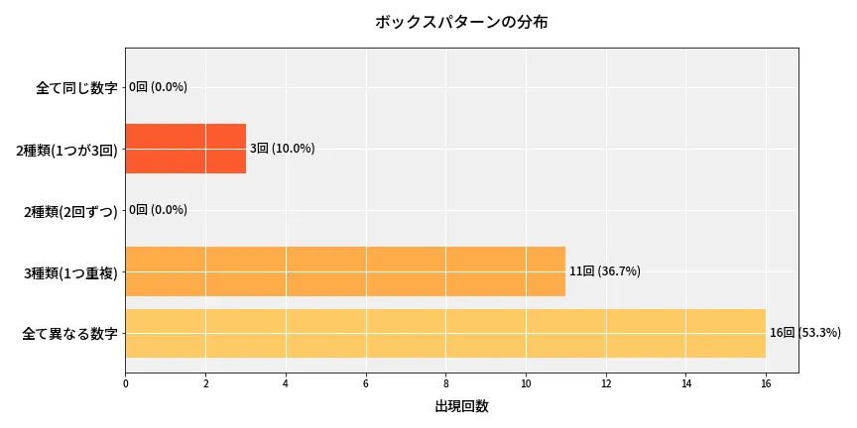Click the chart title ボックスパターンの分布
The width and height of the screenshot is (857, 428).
coord(461,22)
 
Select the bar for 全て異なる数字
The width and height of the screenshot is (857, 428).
coord(445,333)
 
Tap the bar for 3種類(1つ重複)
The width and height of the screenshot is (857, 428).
coord(345,271)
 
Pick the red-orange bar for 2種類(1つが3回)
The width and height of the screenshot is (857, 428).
coord(185,149)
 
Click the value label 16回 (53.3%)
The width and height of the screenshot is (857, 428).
coord(804,333)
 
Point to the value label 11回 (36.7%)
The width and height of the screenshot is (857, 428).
coord(604,271)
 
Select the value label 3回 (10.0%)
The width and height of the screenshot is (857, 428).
coord(282,149)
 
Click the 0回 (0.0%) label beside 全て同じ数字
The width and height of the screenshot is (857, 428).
coord(158,87)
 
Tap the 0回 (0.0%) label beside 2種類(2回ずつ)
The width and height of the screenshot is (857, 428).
coord(158,210)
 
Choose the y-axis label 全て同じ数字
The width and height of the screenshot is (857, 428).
coord(76,87)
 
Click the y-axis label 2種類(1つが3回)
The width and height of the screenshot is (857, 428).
coord(66,150)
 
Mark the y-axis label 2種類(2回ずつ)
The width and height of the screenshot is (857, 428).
coord(69,211)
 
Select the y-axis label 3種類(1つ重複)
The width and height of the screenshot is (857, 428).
coord(70,272)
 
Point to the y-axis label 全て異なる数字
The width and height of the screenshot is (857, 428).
coord(69,334)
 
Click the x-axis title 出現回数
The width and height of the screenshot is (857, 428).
coord(461,406)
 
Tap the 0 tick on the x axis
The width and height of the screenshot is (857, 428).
coord(126,383)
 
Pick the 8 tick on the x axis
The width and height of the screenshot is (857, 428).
coord(445,383)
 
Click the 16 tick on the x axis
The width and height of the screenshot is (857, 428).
coord(766,383)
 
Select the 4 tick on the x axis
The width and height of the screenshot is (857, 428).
coord(286,383)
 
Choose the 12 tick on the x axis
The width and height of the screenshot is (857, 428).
coord(605,383)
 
